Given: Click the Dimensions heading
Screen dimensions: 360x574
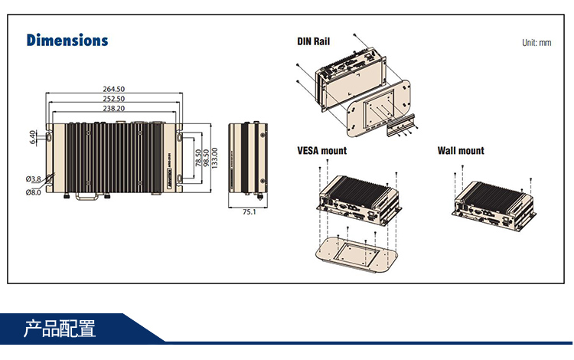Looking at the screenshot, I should coord(67,40).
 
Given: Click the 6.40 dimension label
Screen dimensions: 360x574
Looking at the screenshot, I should coord(32,137).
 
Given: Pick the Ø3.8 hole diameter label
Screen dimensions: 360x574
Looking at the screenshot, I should coord(33,179).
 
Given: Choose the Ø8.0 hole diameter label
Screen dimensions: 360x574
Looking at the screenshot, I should coord(33,192).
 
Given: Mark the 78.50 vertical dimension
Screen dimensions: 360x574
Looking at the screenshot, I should coord(198,158).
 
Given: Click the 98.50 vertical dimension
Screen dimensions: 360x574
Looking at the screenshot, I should coord(206,158).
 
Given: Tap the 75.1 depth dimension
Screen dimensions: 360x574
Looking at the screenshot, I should coord(249,212).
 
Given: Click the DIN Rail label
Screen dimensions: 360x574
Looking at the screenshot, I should coord(313,41).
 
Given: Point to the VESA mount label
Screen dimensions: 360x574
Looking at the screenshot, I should coord(321,151).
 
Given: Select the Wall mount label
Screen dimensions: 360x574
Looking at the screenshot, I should coord(461,151).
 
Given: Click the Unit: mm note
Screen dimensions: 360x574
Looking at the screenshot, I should coord(536,43).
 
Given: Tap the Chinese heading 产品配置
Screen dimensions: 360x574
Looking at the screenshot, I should coord(60,330).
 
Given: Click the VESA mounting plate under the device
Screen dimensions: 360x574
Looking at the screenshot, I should coord(357,252).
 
